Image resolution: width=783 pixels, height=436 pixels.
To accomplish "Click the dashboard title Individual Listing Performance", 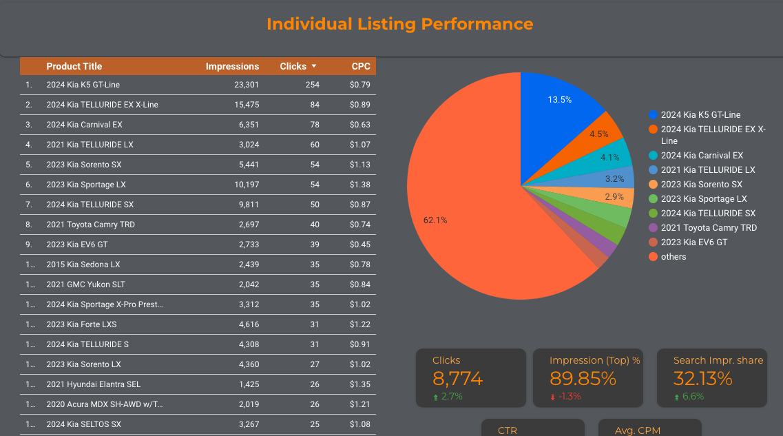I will pyautogui.click(x=399, y=24).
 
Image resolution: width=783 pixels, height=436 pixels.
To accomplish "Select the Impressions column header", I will pyautogui.click(x=232, y=67).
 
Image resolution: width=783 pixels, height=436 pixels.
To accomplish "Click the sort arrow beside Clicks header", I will pyautogui.click(x=314, y=66).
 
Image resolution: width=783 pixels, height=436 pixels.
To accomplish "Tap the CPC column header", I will pyautogui.click(x=361, y=67).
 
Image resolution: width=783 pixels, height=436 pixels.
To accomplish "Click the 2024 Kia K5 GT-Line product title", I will pyautogui.click(x=83, y=85).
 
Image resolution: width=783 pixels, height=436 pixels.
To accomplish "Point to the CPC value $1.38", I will pyautogui.click(x=359, y=185).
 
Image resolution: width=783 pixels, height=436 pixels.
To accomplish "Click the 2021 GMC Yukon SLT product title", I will pyautogui.click(x=85, y=284).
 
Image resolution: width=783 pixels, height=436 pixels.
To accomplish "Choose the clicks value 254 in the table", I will pyautogui.click(x=312, y=85).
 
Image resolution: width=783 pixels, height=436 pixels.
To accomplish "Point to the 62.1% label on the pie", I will pyautogui.click(x=435, y=220).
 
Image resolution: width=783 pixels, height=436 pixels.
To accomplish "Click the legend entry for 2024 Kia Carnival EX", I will pyautogui.click(x=702, y=156).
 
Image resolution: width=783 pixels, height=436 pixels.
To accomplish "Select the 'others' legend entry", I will pyautogui.click(x=673, y=257).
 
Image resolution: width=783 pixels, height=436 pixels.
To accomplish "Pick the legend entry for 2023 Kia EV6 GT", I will pyautogui.click(x=693, y=242).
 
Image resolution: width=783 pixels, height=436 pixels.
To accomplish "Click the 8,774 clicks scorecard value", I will pyautogui.click(x=457, y=378).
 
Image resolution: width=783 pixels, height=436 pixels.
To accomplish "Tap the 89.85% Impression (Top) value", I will pyautogui.click(x=583, y=378).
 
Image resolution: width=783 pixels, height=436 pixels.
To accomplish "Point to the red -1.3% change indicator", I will pyautogui.click(x=569, y=397).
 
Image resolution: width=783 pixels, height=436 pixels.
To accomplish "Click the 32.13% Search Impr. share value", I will pyautogui.click(x=702, y=378).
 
